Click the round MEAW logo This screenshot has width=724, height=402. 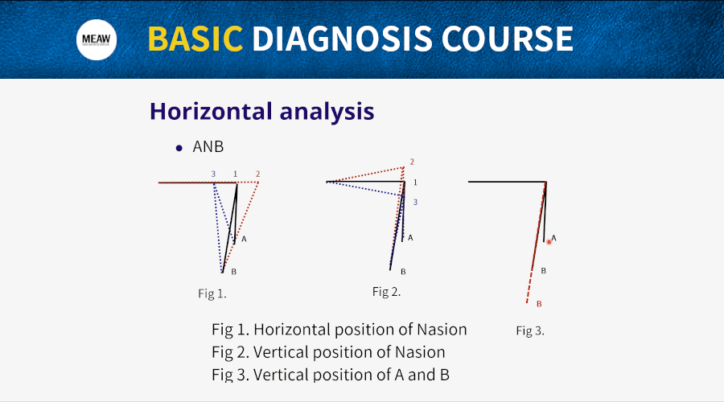pos(97,39)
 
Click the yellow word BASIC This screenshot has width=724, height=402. pos(195,39)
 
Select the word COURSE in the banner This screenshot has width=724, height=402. pos(508,39)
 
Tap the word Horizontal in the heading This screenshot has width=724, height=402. pos(211,111)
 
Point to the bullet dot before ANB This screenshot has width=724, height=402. pos(179,148)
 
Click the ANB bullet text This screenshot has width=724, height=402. pos(208,147)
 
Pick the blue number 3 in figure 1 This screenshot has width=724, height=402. pos(213,174)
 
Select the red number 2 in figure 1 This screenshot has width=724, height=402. pos(257,174)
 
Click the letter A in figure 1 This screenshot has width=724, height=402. pos(244,239)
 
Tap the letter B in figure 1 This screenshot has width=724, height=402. pos(233,272)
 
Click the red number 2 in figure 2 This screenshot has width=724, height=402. pos(412,162)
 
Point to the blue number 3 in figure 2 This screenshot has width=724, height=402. pos(415,202)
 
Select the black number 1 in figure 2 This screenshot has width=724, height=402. pos(415,183)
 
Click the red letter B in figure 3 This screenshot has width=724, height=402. pos(539,304)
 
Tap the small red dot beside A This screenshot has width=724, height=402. pos(549,242)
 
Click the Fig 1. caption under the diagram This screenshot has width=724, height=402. pos(212,293)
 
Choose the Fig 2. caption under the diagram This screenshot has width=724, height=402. pos(386,292)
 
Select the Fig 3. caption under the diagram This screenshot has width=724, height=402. pos(530,331)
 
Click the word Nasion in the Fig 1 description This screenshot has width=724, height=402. pos(442,330)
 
